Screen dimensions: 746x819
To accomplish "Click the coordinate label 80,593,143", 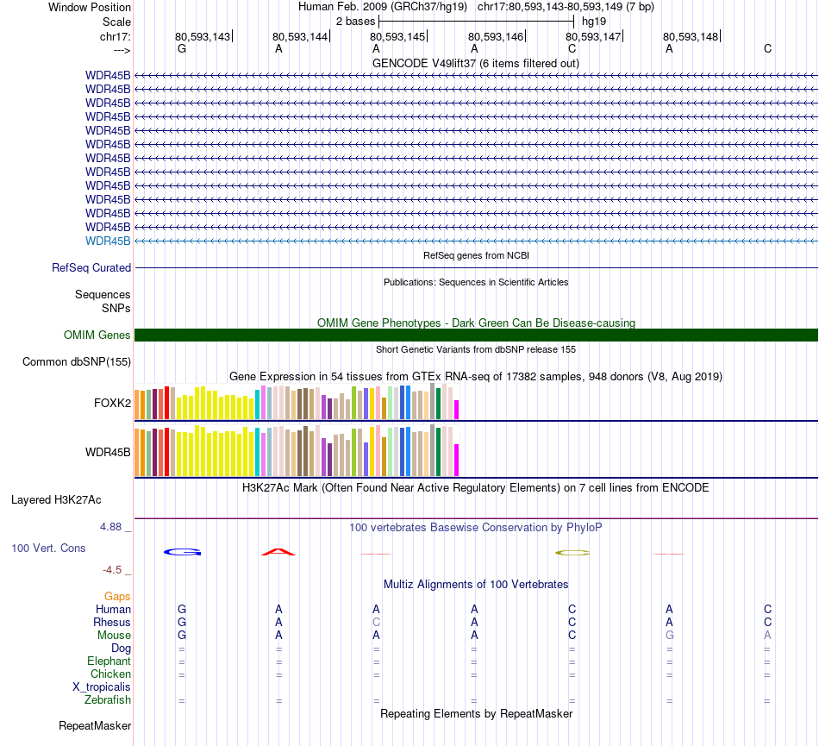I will tap(203, 37).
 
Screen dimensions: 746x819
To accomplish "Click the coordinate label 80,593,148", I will tap(691, 37).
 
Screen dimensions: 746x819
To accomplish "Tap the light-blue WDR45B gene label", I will tap(108, 241).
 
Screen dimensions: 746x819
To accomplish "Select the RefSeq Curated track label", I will tap(91, 268).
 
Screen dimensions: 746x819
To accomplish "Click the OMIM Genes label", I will tap(97, 335).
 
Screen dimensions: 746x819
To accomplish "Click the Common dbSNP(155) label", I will tap(77, 362).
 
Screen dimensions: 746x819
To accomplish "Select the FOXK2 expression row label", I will tap(112, 403).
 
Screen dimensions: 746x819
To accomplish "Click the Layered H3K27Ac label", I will tap(56, 500).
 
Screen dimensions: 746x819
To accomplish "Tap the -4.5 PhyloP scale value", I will tap(116, 570).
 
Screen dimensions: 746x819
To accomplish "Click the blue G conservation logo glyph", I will tap(182, 551).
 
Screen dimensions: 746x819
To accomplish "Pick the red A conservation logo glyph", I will tap(278, 551).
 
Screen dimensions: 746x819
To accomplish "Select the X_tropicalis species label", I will tap(102, 687).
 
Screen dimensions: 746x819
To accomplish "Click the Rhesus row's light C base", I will tap(376, 623).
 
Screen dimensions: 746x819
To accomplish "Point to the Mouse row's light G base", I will tap(669, 636).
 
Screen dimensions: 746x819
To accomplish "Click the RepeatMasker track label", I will tap(95, 726).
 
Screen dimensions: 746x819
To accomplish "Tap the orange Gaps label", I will tap(117, 597).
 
